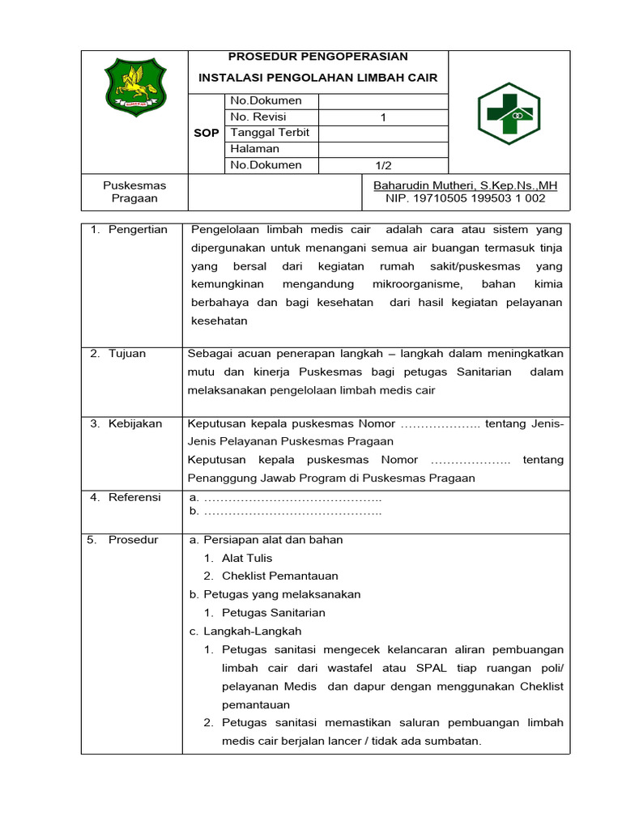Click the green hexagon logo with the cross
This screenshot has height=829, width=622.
pyautogui.click(x=508, y=113)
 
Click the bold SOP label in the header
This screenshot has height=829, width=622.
pyautogui.click(x=207, y=133)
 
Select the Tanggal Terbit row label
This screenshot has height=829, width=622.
pyautogui.click(x=271, y=133)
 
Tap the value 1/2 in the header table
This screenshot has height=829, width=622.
pyautogui.click(x=383, y=165)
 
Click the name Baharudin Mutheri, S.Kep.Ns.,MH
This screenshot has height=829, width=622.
pyautogui.click(x=465, y=185)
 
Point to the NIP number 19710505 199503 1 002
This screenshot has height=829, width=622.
pyautogui.click(x=466, y=198)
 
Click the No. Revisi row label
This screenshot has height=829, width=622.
pyautogui.click(x=259, y=117)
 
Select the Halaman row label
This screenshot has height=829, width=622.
pyautogui.click(x=255, y=149)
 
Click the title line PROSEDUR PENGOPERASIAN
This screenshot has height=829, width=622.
pyautogui.click(x=317, y=57)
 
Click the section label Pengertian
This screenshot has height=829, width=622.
pyautogui.click(x=138, y=230)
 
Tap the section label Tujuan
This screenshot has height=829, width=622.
pyautogui.click(x=127, y=354)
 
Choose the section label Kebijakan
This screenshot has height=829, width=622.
pyautogui.click(x=135, y=423)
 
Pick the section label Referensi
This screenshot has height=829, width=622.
pyautogui.click(x=134, y=497)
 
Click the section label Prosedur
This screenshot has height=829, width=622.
pyautogui.click(x=133, y=540)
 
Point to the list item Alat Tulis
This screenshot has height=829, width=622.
pyautogui.click(x=247, y=558)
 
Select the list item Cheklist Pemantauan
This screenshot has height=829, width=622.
pyautogui.click(x=280, y=576)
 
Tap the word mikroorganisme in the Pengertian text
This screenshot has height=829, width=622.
pyautogui.click(x=416, y=284)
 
